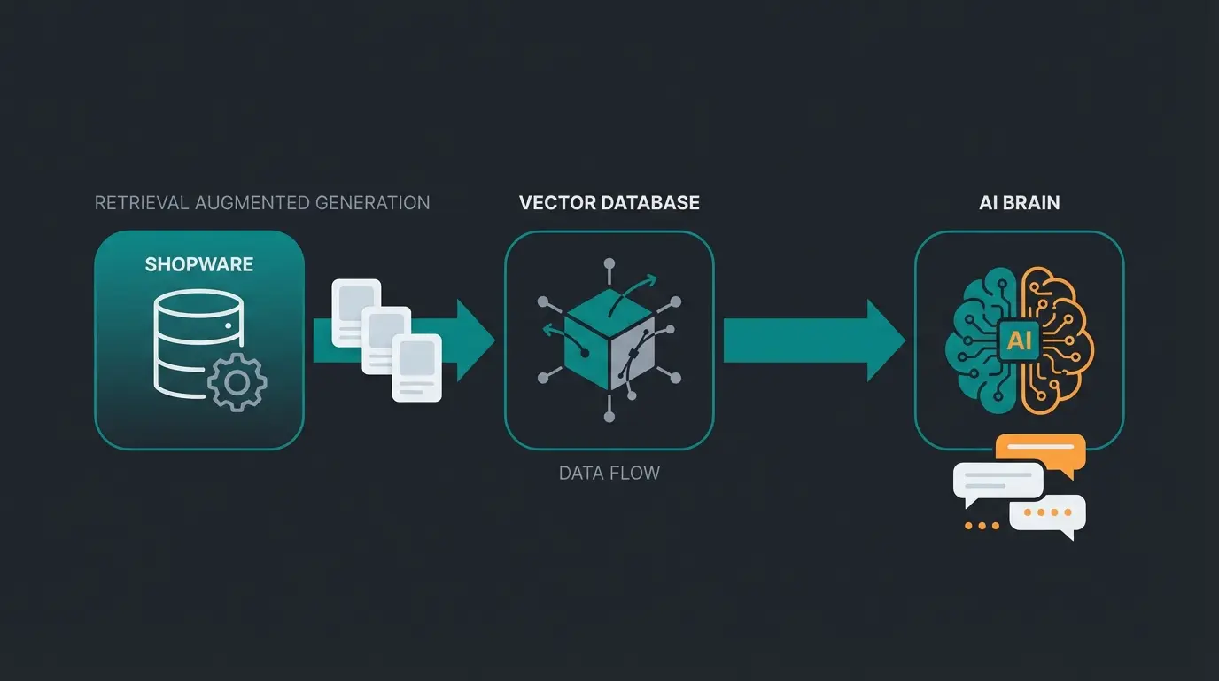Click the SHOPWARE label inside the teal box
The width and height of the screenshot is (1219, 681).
point(199,264)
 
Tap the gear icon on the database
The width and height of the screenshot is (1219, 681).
point(237,382)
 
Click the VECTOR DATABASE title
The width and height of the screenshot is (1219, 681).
point(609,203)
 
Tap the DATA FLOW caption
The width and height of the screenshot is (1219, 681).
point(609,473)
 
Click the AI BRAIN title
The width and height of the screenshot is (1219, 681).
point(1019,203)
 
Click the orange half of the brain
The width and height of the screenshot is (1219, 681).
point(1059,341)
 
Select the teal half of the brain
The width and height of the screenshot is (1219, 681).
point(979,341)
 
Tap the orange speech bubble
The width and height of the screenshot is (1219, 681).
point(1041,450)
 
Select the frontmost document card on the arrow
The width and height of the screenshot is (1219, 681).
point(417,367)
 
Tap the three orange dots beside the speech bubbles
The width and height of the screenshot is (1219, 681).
point(982,526)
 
